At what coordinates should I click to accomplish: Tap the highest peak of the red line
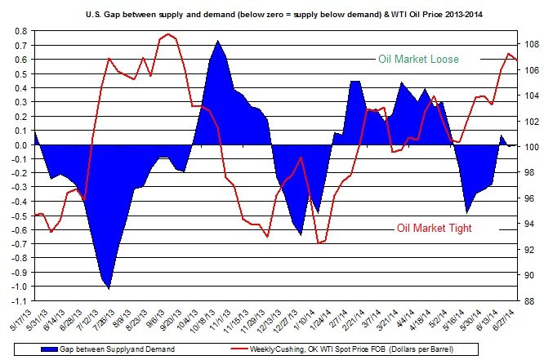click(x=168, y=34)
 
